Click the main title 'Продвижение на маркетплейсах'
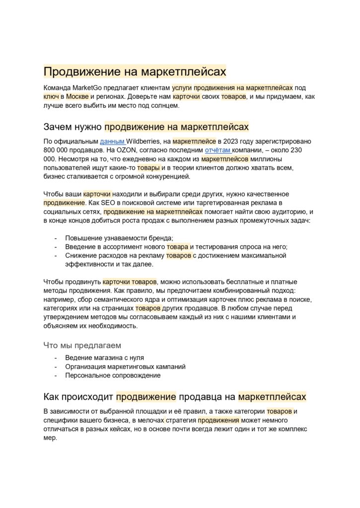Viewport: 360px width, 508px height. click(x=135, y=72)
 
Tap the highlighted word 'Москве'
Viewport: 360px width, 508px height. click(x=77, y=96)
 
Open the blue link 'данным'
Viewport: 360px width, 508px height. click(x=112, y=141)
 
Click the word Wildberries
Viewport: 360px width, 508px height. click(x=144, y=141)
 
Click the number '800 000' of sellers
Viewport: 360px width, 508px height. click(x=58, y=150)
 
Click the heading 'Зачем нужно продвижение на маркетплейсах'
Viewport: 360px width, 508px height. click(x=146, y=127)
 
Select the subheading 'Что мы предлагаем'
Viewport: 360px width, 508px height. click(x=82, y=345)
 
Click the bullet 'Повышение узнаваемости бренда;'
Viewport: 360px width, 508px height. click(x=119, y=238)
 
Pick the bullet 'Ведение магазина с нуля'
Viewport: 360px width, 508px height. click(x=105, y=358)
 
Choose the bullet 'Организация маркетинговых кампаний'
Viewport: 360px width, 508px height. click(x=125, y=367)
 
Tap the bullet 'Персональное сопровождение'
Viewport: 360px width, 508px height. click(x=113, y=376)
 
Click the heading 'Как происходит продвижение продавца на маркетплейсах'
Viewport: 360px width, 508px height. click(x=175, y=396)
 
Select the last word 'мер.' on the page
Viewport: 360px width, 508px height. click(x=51, y=438)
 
